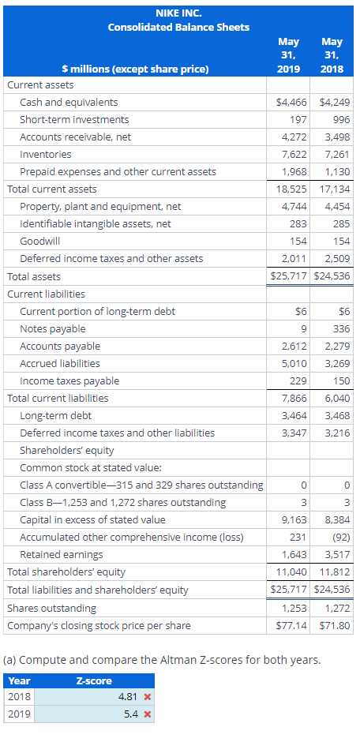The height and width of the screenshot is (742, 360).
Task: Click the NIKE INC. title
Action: pos(178,13)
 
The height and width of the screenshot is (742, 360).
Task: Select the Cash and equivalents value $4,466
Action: pos(292,102)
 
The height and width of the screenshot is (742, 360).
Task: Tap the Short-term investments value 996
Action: pos(341,120)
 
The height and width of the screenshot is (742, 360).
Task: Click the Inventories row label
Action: pos(46,154)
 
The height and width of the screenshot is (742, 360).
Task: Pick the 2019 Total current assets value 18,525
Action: pos(292,189)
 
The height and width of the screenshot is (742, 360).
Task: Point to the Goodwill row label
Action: pos(39,242)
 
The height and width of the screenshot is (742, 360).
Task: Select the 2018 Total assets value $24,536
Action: pos(333,276)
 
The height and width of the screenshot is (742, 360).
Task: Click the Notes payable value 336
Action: pos(342,328)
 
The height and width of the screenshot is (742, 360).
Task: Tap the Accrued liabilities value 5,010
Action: pos(294,363)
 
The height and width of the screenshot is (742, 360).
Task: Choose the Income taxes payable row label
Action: pos(69,381)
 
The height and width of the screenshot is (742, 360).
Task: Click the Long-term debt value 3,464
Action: pos(294,416)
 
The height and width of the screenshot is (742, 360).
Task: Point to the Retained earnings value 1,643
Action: pos(294,555)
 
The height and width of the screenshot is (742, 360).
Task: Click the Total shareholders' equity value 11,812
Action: pos(336,572)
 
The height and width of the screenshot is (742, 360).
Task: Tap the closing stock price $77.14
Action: pos(292,626)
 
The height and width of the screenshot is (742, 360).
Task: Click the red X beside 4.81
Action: pos(147,697)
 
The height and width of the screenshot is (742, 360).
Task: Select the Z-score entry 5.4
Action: pos(131,714)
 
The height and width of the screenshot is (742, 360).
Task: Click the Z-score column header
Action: pos(94,681)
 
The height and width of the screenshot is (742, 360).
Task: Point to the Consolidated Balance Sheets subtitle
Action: pos(178,28)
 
